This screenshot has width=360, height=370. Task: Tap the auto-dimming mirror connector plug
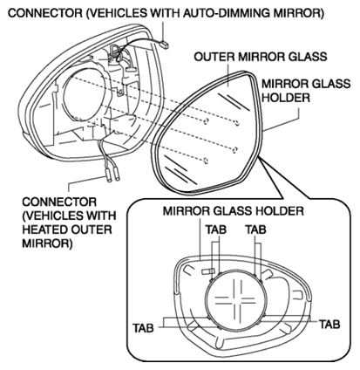[165, 45]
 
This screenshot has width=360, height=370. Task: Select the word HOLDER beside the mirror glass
[286, 98]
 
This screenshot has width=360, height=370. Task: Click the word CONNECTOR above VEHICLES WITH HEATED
[59, 202]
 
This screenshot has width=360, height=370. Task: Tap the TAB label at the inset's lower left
[143, 328]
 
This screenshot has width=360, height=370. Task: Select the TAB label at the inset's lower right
[329, 324]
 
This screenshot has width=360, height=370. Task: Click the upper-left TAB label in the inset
[216, 230]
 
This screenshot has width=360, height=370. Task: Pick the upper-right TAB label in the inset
[256, 230]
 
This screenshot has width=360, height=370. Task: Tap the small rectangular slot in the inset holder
[207, 271]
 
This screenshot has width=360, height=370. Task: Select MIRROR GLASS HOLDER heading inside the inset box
[233, 210]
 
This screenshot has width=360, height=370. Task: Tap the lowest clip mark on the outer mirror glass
[206, 160]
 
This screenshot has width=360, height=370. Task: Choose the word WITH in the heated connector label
[100, 216]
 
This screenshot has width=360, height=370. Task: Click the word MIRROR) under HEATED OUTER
[47, 243]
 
